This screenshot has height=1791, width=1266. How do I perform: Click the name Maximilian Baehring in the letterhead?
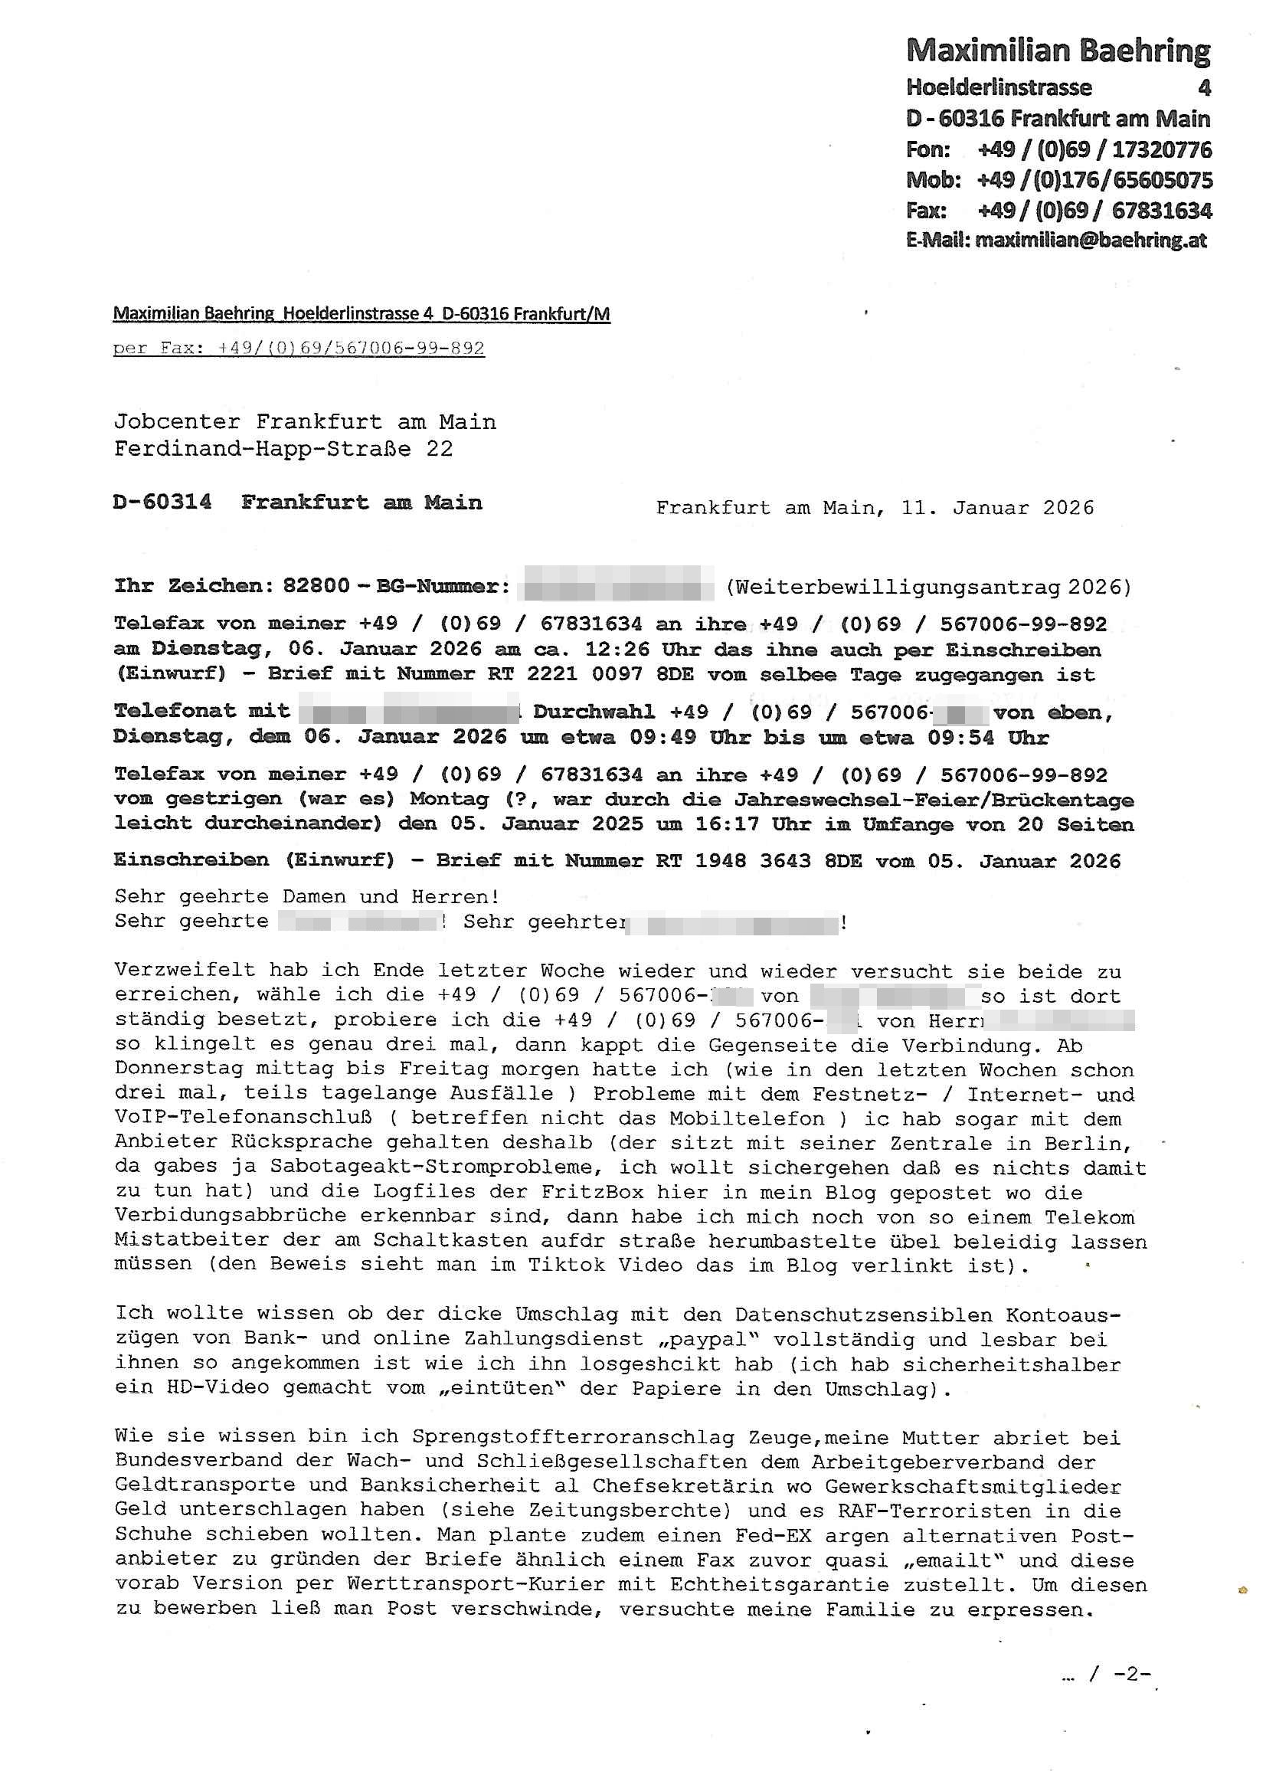[x=1058, y=51]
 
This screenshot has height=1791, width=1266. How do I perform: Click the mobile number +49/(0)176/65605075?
[x=1094, y=180]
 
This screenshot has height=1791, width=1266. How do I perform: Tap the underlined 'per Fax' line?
[x=299, y=348]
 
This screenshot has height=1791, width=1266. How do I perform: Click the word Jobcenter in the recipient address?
[x=177, y=422]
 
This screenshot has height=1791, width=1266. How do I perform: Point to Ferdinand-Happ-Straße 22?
[x=283, y=449]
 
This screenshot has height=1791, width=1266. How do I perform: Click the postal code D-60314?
[x=162, y=502]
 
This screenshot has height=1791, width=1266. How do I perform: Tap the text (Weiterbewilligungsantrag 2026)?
[x=928, y=586]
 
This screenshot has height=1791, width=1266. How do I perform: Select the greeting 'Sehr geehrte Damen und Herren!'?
[x=306, y=896]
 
